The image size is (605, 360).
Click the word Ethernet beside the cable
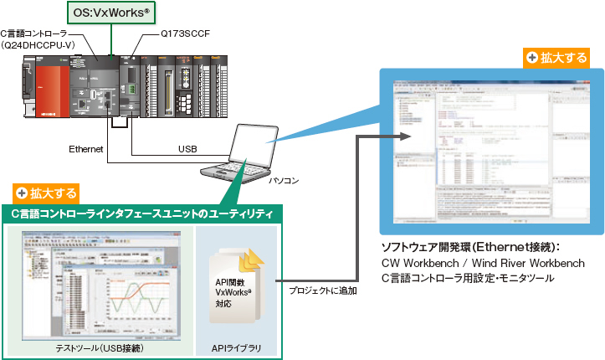click(x=85, y=149)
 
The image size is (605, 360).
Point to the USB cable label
click(x=187, y=149)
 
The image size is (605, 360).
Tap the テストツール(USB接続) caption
click(x=98, y=347)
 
